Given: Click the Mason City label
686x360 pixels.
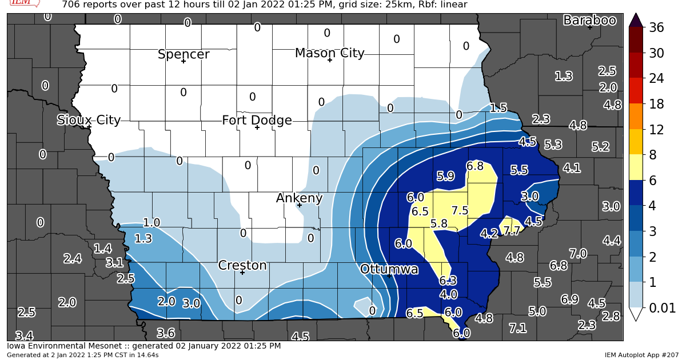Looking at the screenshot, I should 329,53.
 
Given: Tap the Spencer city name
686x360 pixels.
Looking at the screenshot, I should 184,54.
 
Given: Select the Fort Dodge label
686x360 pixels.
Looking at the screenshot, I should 257,120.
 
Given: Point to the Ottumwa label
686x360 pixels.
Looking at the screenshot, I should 389,269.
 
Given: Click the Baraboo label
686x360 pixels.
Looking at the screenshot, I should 589,21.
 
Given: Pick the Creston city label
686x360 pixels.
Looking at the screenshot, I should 242,265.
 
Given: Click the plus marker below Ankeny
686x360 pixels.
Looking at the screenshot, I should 299,205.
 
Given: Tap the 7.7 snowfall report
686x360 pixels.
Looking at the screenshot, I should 512,231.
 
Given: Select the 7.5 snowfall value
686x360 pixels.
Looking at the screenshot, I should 460,210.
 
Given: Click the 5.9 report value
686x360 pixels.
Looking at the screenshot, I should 445,176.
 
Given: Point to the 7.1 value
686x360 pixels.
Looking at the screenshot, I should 517,328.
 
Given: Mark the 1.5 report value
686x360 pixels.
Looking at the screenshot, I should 498,108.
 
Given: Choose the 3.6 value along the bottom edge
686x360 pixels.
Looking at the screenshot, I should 165,333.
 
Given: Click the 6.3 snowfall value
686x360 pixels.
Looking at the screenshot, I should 448,281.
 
